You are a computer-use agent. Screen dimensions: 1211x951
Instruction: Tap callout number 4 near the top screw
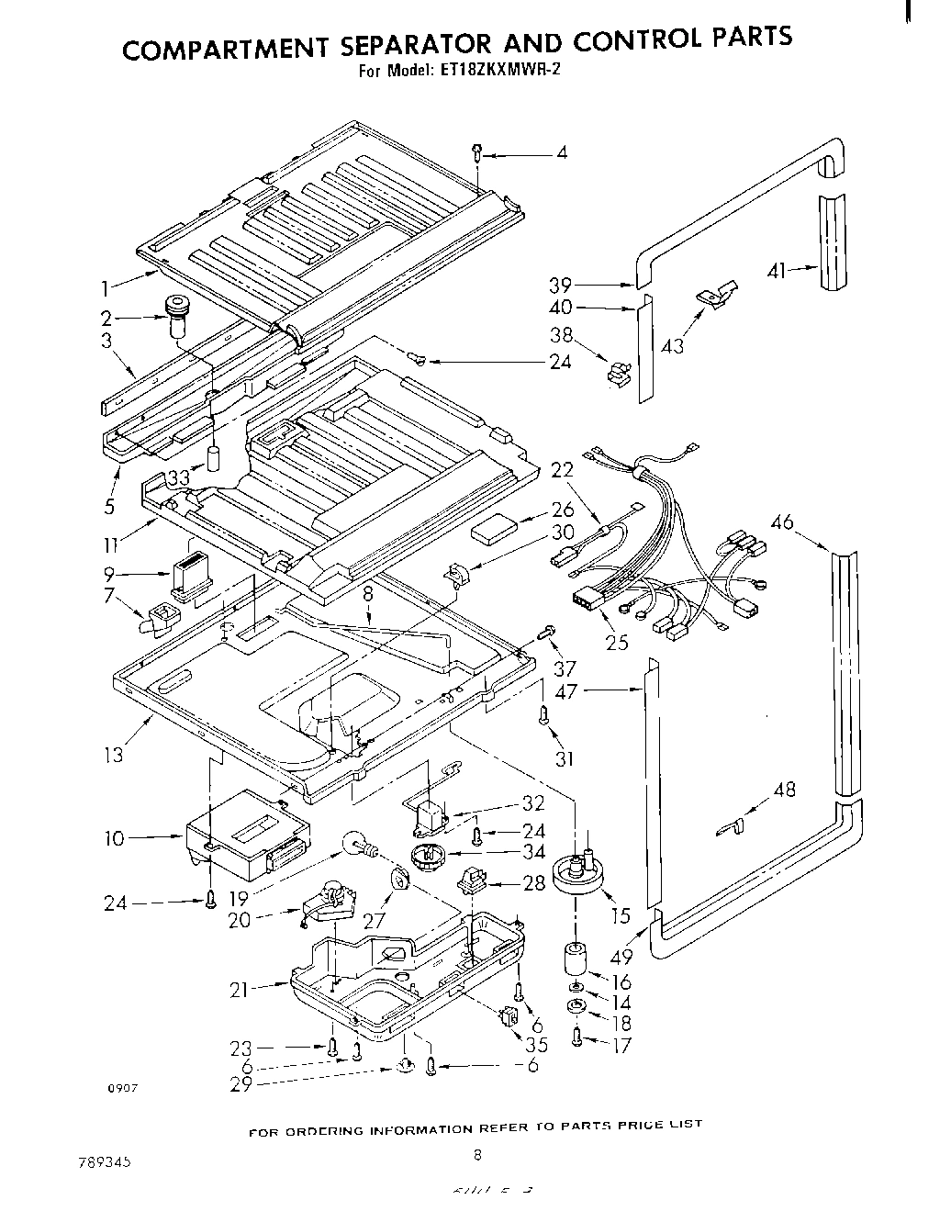click(561, 153)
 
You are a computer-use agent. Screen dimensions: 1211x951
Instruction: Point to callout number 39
click(562, 286)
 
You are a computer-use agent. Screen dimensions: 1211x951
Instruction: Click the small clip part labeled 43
click(718, 294)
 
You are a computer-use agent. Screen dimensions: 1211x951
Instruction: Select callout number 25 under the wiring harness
click(617, 642)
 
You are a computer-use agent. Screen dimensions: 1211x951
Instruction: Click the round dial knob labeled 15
click(578, 874)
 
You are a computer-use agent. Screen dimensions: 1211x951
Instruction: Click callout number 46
click(782, 523)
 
